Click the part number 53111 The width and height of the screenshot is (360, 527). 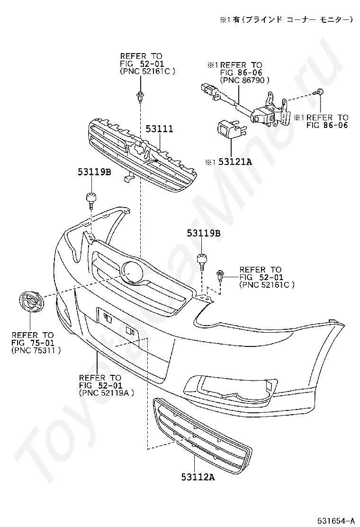point(159,129)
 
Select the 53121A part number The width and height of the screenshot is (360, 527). point(234,162)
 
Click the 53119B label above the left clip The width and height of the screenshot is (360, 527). point(94,173)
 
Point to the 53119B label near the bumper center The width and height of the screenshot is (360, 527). point(203,233)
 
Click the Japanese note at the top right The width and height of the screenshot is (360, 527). point(286,19)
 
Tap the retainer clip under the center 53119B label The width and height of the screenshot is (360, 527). point(202,260)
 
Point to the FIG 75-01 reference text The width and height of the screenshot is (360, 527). point(34,343)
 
